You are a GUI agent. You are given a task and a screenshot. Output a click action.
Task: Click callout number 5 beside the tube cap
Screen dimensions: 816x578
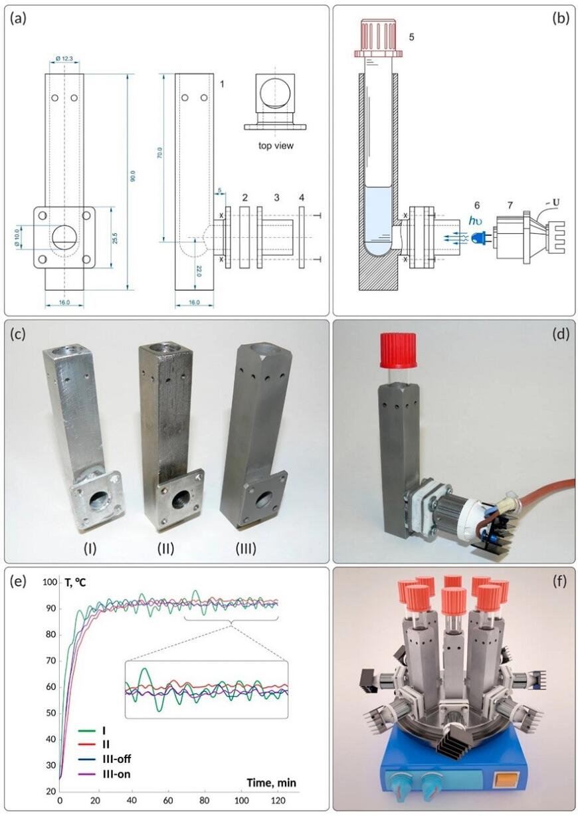411,38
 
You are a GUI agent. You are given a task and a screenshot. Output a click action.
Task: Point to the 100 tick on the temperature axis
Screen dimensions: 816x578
48,582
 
